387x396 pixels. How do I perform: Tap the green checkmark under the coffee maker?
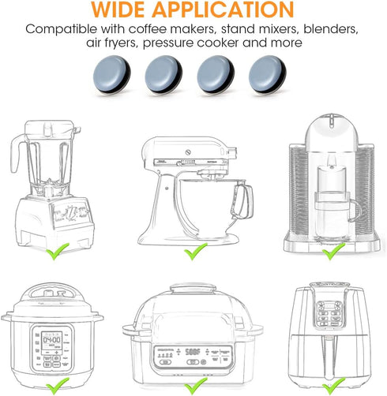333,252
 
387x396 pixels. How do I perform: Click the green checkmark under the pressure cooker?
56,387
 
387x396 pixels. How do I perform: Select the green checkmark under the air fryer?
331,387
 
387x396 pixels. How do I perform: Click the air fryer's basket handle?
332,347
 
